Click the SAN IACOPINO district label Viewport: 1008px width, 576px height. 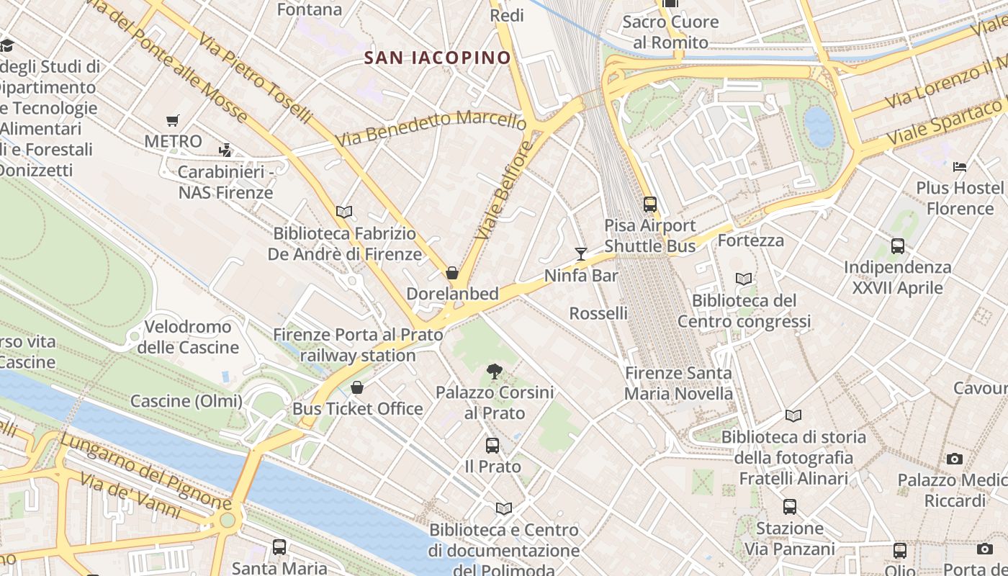438,58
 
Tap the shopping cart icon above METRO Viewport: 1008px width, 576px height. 172,120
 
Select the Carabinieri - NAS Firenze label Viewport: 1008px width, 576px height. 225,182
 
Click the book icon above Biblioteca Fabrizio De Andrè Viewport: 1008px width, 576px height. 344,212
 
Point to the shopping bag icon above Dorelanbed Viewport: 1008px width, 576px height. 452,273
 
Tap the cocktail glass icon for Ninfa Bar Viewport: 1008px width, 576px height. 581,253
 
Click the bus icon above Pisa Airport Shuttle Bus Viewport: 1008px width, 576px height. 650,204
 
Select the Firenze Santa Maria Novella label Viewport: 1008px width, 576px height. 678,383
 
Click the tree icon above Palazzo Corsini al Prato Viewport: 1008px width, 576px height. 494,372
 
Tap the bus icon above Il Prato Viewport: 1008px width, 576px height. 492,446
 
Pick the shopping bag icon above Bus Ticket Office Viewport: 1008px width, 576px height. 357,388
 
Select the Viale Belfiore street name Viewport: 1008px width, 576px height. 503,191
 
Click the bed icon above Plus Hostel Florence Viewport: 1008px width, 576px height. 960,167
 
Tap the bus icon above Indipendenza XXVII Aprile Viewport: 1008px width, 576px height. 898,246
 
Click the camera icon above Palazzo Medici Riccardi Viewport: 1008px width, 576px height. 955,459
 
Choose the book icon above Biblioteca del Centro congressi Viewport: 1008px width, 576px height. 744,279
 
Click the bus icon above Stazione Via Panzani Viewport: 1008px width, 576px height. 790,507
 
